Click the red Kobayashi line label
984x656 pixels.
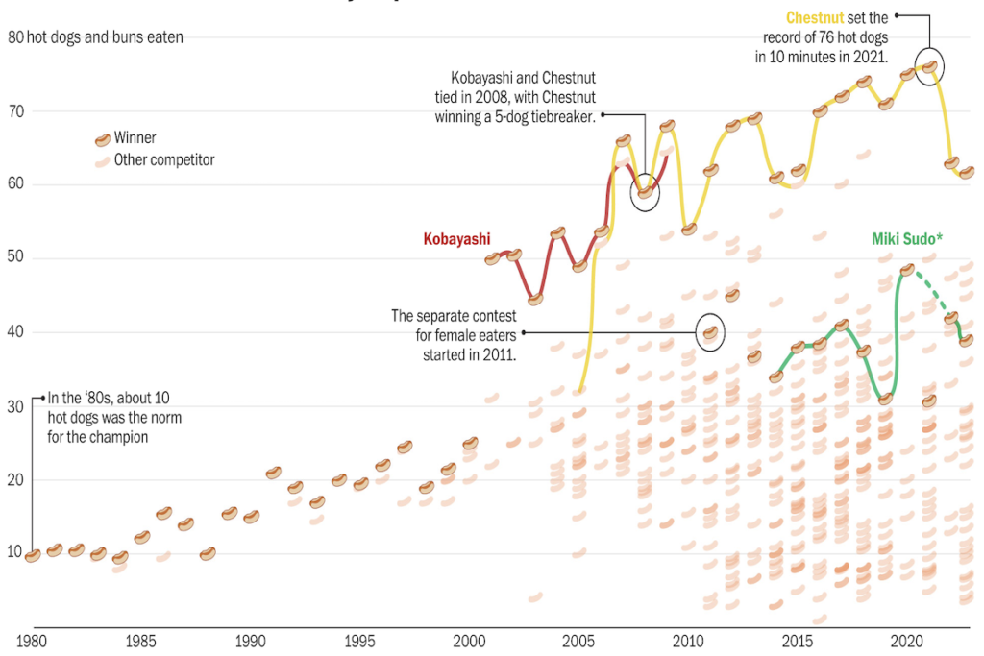pos(457,238)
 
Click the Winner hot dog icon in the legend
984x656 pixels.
pos(101,139)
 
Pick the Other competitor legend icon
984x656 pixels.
pos(101,161)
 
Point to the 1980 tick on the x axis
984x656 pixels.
pos(32,641)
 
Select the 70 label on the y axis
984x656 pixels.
pos(15,111)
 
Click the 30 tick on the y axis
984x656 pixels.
pos(15,407)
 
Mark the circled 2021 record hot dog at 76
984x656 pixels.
pos(929,66)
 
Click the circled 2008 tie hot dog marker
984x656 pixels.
pos(646,192)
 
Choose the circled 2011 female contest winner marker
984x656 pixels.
pos(710,332)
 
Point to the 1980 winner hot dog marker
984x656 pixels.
pos(32,555)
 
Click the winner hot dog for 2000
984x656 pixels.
pos(470,443)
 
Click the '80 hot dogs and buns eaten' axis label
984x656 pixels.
pos(95,37)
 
